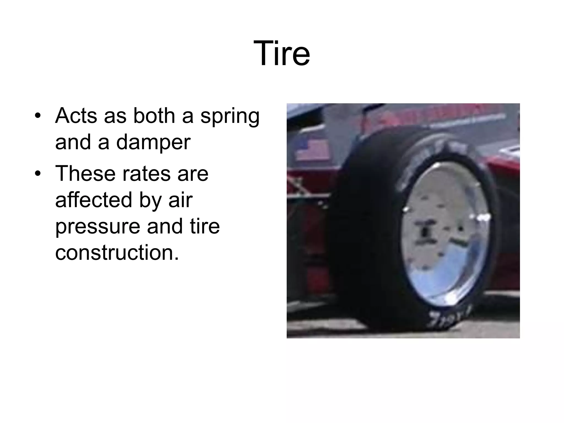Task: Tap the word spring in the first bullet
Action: click(x=230, y=116)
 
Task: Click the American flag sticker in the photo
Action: click(x=313, y=150)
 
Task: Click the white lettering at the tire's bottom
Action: click(x=449, y=318)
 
